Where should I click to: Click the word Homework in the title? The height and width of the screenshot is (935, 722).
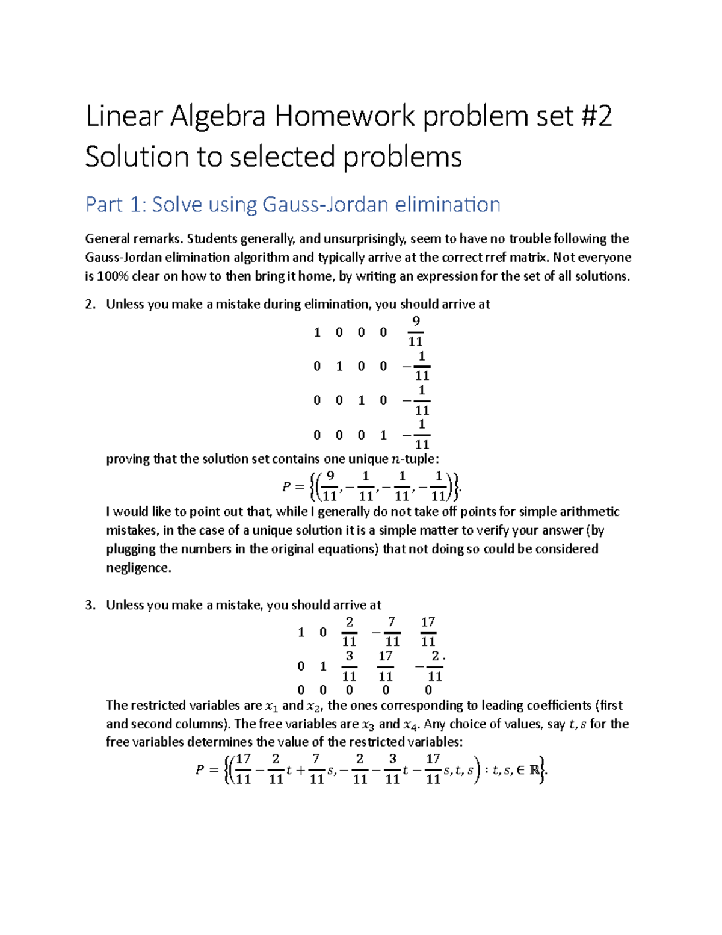point(345,116)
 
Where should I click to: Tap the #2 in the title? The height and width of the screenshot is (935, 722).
point(596,116)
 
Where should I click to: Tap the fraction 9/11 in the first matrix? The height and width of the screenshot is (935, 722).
point(415,331)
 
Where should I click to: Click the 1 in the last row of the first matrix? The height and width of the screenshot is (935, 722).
point(383,435)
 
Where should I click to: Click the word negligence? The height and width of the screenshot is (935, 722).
point(138,568)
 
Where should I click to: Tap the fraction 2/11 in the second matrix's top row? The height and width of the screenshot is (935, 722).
point(349,632)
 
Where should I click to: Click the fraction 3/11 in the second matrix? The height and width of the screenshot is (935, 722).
point(349,666)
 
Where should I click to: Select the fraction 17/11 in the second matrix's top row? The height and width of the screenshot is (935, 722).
point(428,632)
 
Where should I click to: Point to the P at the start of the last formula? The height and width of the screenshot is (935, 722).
point(200,770)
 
